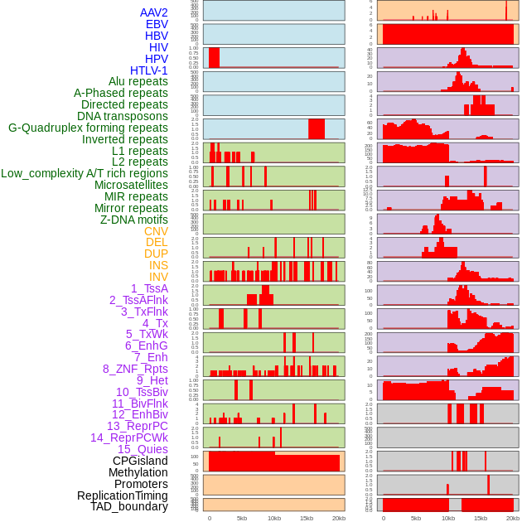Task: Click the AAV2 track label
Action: tap(153, 12)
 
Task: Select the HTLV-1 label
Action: tap(148, 70)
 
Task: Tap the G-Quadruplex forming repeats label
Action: tap(88, 128)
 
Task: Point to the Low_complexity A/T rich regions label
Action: tap(85, 173)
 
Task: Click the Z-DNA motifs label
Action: tap(133, 220)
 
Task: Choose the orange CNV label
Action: tap(156, 231)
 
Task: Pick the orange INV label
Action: tap(158, 277)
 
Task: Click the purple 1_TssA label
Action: tap(149, 288)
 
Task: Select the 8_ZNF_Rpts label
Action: tap(135, 369)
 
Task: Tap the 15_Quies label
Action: tap(143, 449)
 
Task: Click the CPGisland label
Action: tap(140, 461)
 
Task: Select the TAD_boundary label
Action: tap(129, 506)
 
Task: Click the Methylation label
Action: tap(138, 472)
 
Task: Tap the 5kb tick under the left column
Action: tap(242, 518)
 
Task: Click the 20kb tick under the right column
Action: tap(513, 518)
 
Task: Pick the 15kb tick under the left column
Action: tap(307, 518)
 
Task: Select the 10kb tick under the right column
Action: tap(448, 518)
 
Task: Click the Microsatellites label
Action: tap(131, 185)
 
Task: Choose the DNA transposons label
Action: tap(123, 116)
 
